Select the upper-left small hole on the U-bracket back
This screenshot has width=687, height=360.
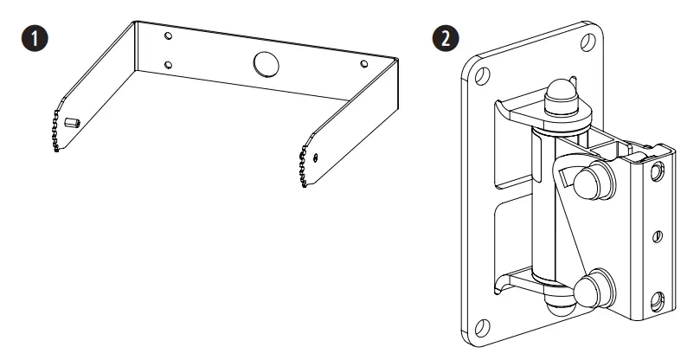[x=169, y=38]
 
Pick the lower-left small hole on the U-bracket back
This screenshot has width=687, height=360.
[x=169, y=65]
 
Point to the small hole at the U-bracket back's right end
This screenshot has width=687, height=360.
[x=363, y=63]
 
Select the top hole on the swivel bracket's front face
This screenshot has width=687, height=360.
[x=659, y=170]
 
